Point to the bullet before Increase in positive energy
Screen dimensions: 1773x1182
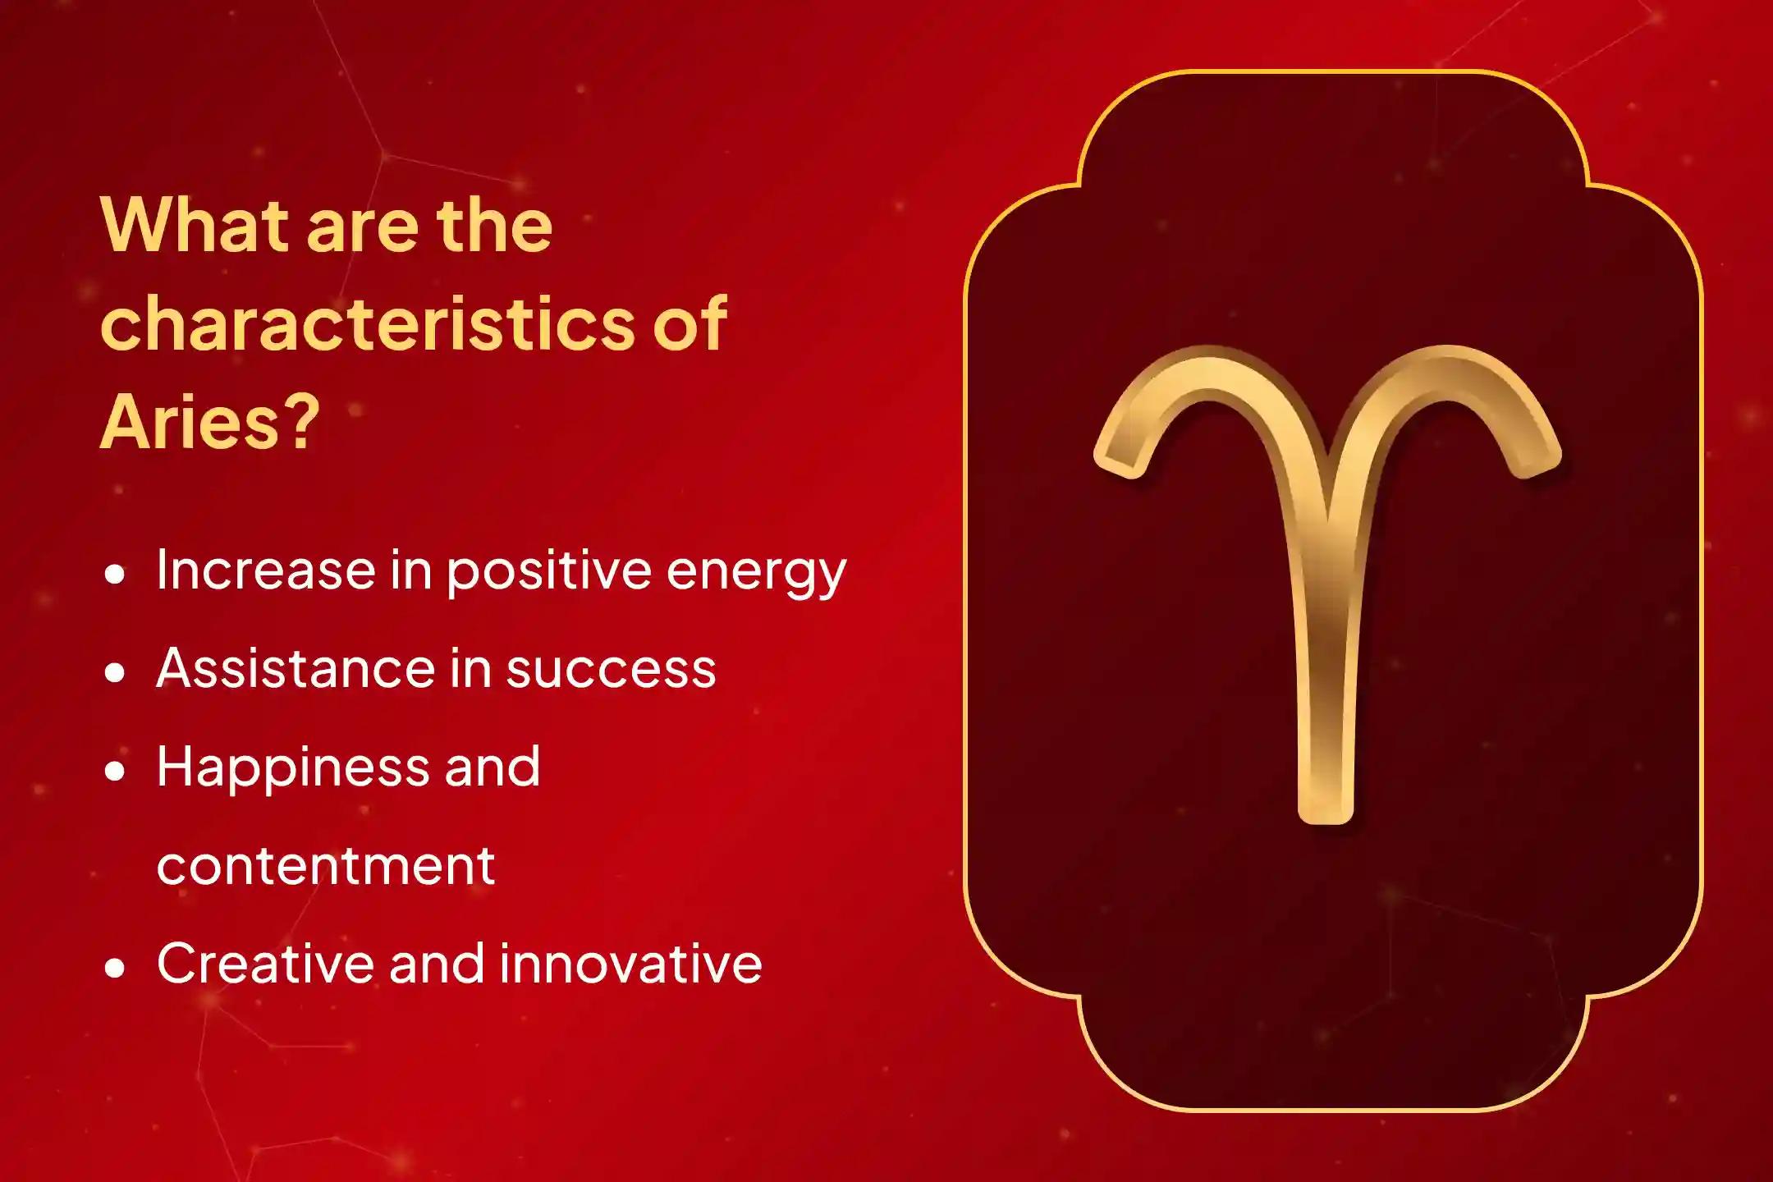(116, 575)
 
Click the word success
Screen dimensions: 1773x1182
(611, 670)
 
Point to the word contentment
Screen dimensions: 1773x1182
(326, 867)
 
